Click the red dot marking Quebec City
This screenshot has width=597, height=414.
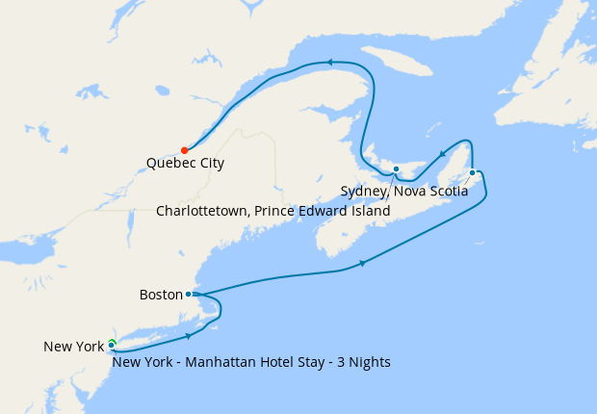184,150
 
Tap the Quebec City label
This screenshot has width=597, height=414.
185,164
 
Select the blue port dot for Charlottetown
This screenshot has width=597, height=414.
396,169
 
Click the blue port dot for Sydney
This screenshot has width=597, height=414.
472,173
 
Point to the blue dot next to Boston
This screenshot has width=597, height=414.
188,295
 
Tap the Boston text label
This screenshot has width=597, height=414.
160,295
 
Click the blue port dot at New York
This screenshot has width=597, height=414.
112,345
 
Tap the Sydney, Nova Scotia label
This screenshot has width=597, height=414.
404,192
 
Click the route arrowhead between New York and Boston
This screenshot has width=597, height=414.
188,336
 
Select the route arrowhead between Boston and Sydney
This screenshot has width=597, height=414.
362,263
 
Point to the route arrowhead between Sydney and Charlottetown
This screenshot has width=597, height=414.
441,153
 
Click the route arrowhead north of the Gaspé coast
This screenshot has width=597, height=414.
328,63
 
